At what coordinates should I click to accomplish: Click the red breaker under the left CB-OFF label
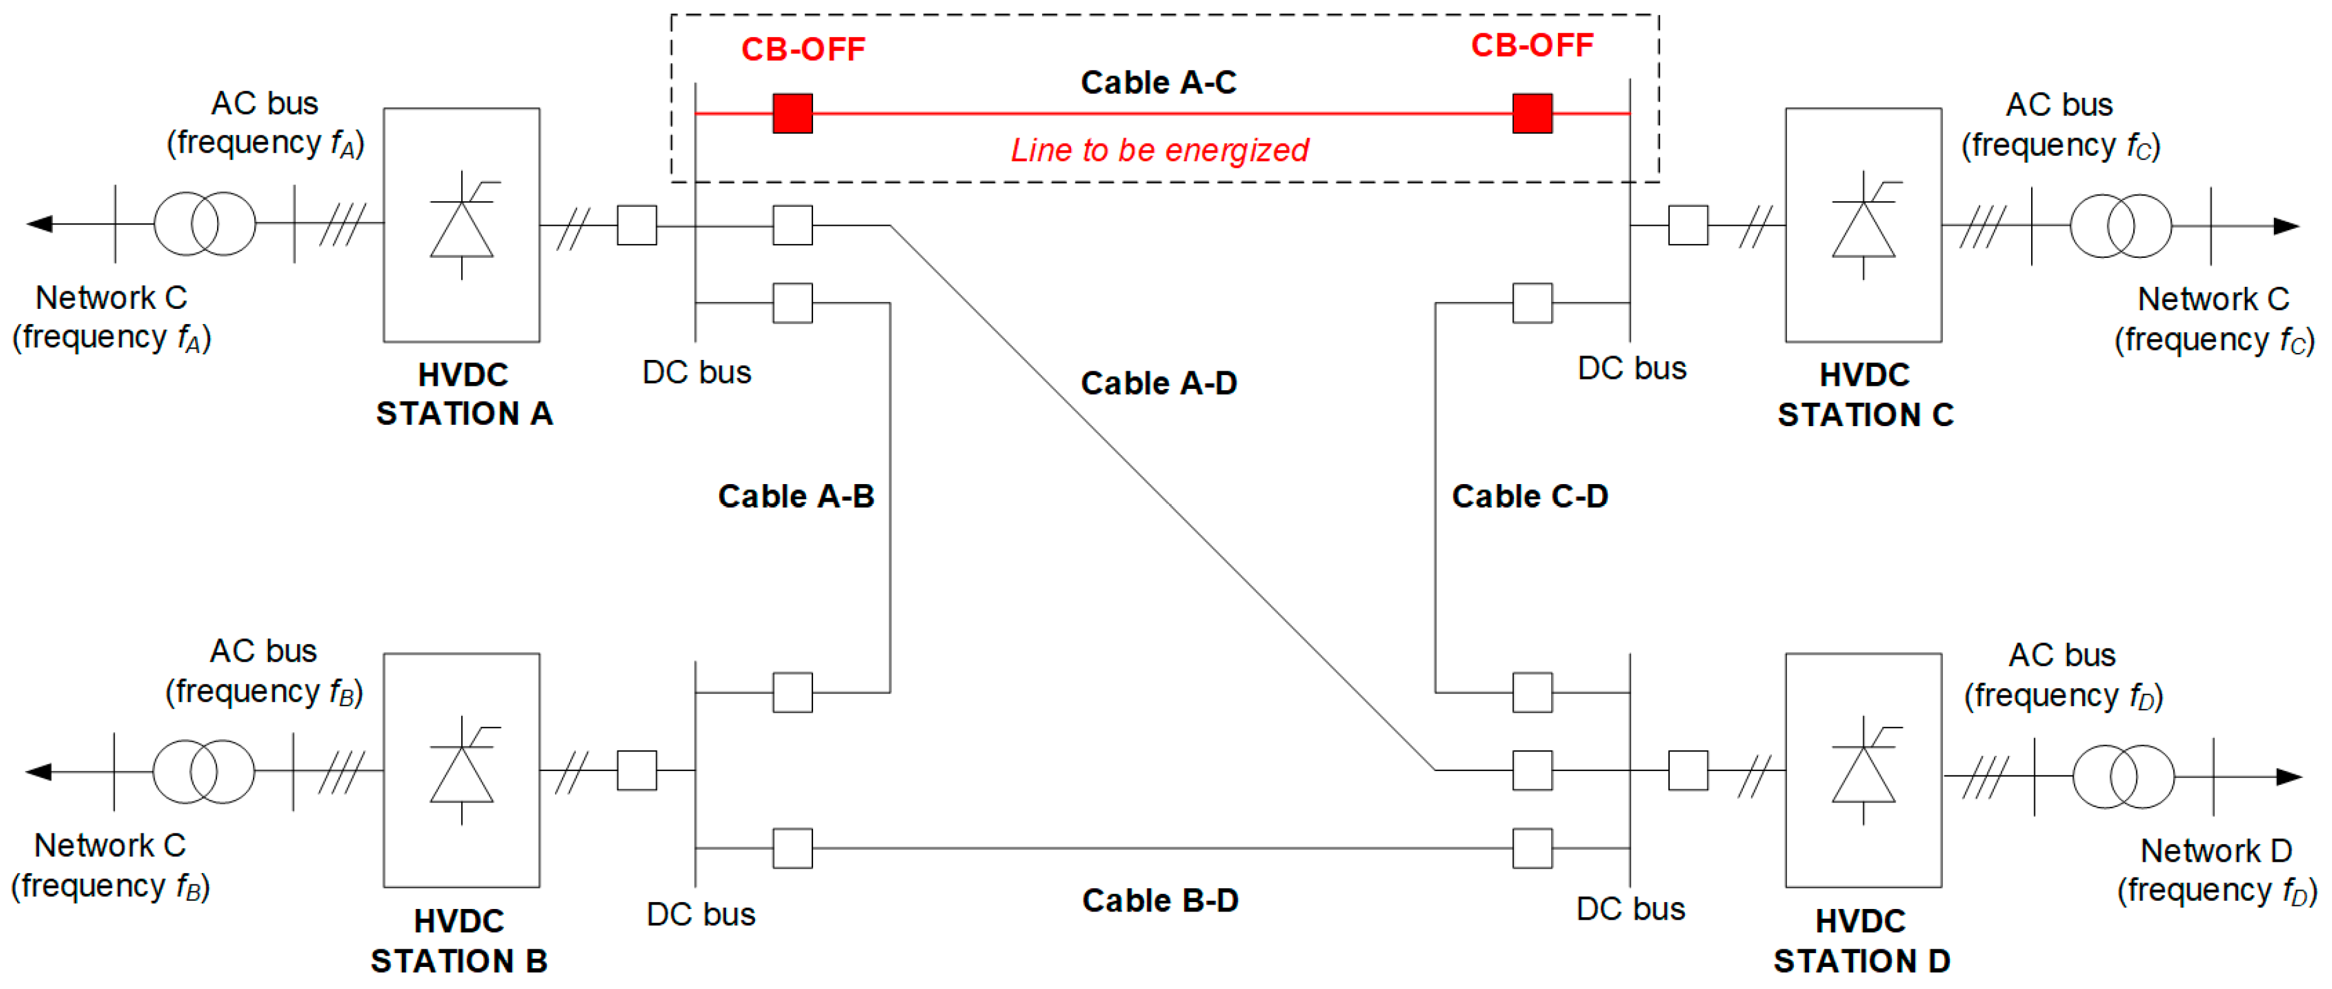[x=792, y=113]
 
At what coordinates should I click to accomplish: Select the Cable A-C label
[x=1158, y=83]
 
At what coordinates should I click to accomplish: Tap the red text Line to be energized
[x=1159, y=149]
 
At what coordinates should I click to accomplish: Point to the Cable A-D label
[x=1158, y=383]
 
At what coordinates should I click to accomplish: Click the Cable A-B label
[x=796, y=496]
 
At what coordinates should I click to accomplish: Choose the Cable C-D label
[x=1529, y=496]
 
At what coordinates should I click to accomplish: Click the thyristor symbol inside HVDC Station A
[x=462, y=226]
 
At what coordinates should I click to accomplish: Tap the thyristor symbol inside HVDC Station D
[x=1863, y=771]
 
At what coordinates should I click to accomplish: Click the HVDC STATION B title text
[x=459, y=941]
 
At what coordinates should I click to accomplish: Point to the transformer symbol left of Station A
[x=204, y=224]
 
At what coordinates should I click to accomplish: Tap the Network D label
[x=2215, y=850]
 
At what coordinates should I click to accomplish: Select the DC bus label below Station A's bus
[x=696, y=372]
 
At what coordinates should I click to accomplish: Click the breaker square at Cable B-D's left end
[x=792, y=848]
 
